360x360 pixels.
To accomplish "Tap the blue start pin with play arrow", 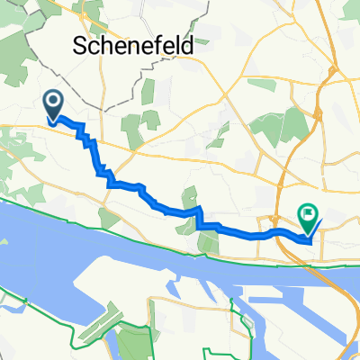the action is [x=53, y=106].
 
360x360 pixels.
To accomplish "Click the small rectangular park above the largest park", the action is [x=260, y=85].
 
